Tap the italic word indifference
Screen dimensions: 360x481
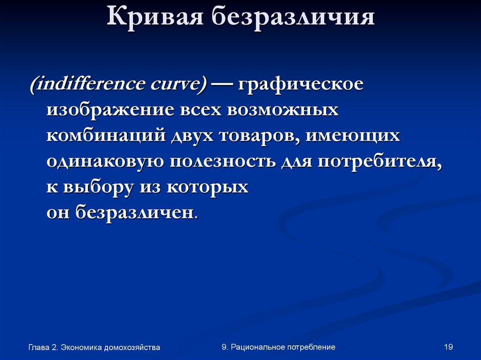click(x=90, y=85)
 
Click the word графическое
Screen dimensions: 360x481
click(x=301, y=85)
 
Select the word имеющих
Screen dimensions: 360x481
click(x=353, y=136)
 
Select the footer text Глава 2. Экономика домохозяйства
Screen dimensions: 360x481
click(x=94, y=347)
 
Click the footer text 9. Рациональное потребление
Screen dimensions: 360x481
click(x=278, y=347)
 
